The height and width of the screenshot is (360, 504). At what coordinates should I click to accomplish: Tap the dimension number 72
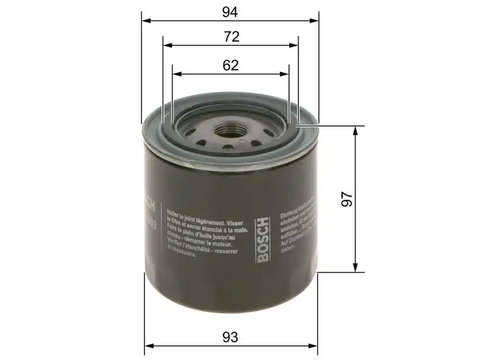(231, 37)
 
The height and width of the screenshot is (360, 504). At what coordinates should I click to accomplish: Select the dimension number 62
(231, 65)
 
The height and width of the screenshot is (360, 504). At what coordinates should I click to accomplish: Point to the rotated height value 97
(345, 199)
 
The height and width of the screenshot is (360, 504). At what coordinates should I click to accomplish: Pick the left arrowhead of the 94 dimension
(146, 21)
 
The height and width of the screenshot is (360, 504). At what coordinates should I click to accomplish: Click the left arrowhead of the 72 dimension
(167, 45)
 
